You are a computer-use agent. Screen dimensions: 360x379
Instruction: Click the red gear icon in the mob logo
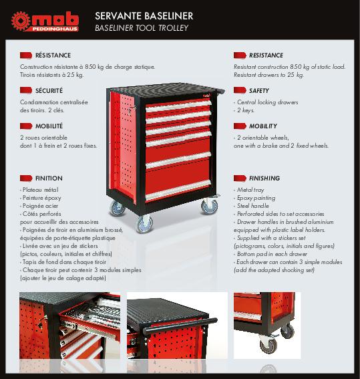pyautogui.click(x=21, y=21)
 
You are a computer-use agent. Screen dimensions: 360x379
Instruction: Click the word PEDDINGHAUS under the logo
pyautogui.click(x=55, y=29)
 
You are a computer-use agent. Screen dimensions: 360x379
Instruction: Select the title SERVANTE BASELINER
pyautogui.click(x=144, y=16)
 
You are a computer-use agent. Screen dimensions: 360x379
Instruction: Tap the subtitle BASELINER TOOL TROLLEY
pyautogui.click(x=142, y=28)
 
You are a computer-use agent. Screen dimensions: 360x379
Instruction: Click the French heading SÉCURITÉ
pyautogui.click(x=49, y=91)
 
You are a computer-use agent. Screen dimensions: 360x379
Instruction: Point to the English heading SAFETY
pyautogui.click(x=259, y=91)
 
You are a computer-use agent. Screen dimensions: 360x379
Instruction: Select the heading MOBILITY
pyautogui.click(x=263, y=126)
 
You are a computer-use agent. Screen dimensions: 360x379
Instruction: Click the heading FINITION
pyautogui.click(x=49, y=178)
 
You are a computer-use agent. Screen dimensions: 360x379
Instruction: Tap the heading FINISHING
pyautogui.click(x=264, y=178)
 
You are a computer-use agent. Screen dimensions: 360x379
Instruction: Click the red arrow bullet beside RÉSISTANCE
pyautogui.click(x=26, y=55)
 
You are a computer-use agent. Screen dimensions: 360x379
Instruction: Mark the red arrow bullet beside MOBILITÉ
pyautogui.click(x=26, y=126)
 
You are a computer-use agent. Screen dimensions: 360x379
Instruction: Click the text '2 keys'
pyautogui.click(x=245, y=110)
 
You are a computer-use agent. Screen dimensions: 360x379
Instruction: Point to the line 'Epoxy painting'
pyautogui.click(x=256, y=198)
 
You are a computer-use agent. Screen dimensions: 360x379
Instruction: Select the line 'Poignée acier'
pyautogui.click(x=40, y=206)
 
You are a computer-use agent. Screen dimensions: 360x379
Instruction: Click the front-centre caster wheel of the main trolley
pyautogui.click(x=144, y=224)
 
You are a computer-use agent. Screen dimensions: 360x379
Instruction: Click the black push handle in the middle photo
pyautogui.click(x=180, y=326)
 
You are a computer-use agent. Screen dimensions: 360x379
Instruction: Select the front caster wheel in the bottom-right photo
pyautogui.click(x=268, y=344)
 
